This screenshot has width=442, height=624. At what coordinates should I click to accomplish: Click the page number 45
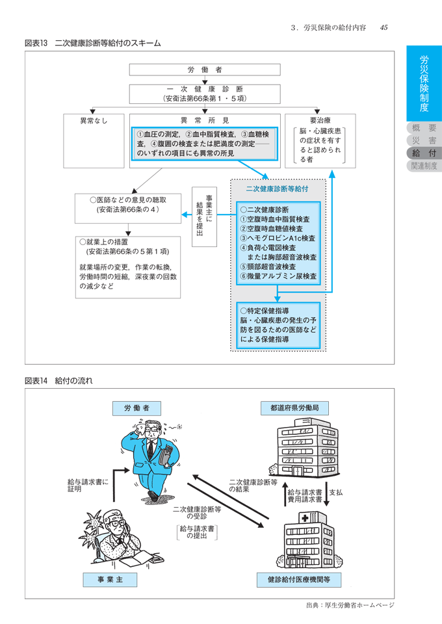point(384,27)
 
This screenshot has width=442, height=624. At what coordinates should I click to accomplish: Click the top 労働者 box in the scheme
point(205,70)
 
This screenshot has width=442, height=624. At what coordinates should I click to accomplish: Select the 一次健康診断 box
point(205,93)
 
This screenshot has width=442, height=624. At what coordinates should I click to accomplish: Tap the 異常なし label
point(94,121)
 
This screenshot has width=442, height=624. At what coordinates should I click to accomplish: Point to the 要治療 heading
point(320,121)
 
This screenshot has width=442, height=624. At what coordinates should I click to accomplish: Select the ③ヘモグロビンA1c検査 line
point(278,238)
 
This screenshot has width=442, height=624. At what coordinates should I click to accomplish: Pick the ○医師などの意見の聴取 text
point(126,200)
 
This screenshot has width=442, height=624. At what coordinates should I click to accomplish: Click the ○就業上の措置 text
point(105,241)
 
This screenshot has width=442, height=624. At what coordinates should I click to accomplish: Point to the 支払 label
point(336,493)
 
